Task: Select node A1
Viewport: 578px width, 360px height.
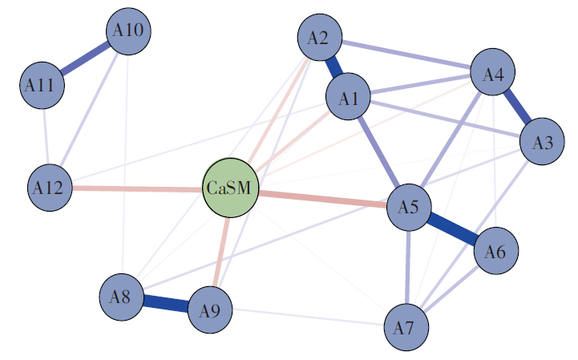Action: click(348, 98)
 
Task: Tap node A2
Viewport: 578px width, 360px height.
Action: click(319, 38)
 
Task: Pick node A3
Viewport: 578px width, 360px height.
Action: click(542, 144)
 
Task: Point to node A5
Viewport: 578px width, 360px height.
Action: click(409, 208)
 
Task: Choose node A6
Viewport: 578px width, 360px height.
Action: click(496, 253)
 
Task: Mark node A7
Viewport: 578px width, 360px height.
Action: click(406, 327)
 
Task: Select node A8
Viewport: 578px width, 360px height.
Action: click(122, 297)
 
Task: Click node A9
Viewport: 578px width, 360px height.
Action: click(210, 310)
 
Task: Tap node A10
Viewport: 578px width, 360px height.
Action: click(128, 31)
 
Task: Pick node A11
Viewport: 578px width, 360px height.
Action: click(42, 85)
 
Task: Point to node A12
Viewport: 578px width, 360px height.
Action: click(50, 188)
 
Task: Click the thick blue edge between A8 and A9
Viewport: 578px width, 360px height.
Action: click(166, 304)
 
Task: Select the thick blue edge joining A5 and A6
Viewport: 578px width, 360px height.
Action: click(452, 230)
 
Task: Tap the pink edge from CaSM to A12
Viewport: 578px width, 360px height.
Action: click(136, 189)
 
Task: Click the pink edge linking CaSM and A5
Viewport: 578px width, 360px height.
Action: click(321, 199)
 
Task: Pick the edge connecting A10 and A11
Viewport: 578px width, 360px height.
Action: click(85, 58)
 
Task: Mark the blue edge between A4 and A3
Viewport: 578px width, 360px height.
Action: click(517, 109)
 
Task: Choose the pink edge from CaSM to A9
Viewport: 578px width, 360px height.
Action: click(221, 249)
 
